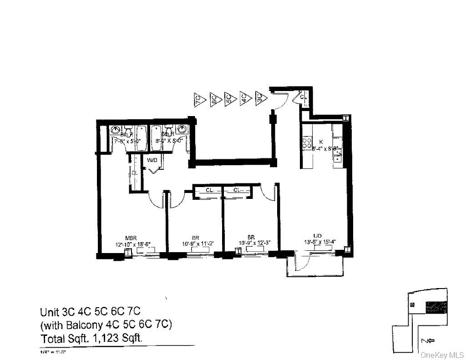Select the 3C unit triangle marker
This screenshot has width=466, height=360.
coord(260,98)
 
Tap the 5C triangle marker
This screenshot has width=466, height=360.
coord(229,98)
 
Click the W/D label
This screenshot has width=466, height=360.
coord(152,160)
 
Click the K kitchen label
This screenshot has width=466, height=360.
coord(320,142)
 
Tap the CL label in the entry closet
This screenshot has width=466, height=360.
coord(303,97)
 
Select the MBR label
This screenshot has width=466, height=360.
coord(132,238)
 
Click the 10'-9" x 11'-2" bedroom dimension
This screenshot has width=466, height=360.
coord(195,243)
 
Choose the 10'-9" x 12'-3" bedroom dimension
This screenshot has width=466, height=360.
coord(255,243)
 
